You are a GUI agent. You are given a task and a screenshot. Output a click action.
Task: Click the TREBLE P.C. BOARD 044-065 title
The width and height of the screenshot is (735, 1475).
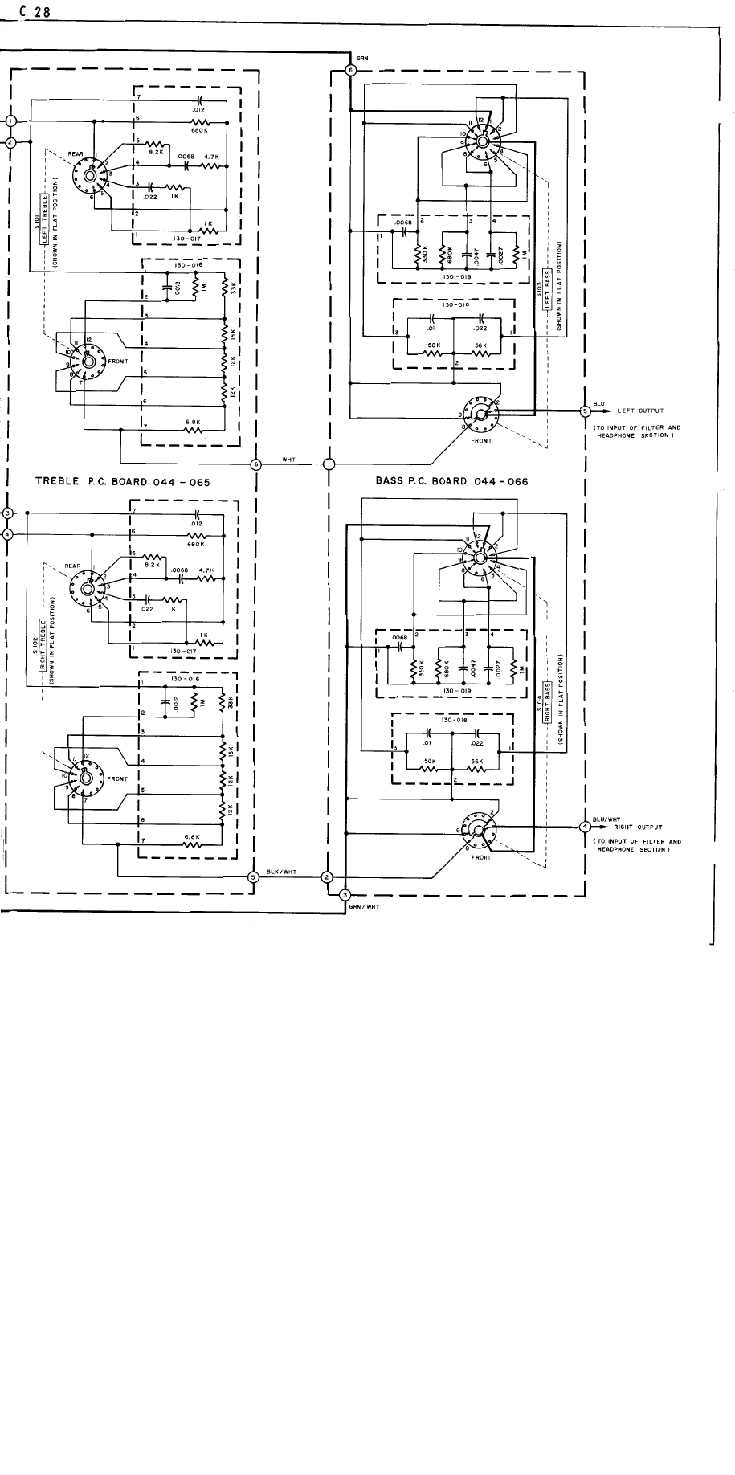point(122,482)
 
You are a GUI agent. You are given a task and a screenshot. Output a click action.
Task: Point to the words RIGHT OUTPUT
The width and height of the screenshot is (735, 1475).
point(639,826)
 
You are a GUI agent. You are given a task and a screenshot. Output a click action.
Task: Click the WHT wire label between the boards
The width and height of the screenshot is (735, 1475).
point(288,460)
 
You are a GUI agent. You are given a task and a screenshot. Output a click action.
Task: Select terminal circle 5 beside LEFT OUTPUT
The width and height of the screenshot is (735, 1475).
point(585,411)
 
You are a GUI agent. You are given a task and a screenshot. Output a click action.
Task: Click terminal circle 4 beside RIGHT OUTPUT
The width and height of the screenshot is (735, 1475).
point(585,826)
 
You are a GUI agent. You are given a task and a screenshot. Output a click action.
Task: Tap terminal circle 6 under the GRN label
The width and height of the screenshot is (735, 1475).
point(349,71)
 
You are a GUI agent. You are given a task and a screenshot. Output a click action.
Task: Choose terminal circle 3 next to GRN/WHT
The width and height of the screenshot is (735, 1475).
point(345,895)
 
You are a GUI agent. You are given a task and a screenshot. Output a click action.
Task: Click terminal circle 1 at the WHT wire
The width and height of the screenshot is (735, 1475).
point(329,464)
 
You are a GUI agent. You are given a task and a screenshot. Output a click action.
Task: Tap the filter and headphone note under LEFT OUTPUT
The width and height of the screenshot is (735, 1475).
point(637,431)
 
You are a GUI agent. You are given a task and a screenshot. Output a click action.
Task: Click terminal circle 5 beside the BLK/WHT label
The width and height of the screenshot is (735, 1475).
point(253,876)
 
